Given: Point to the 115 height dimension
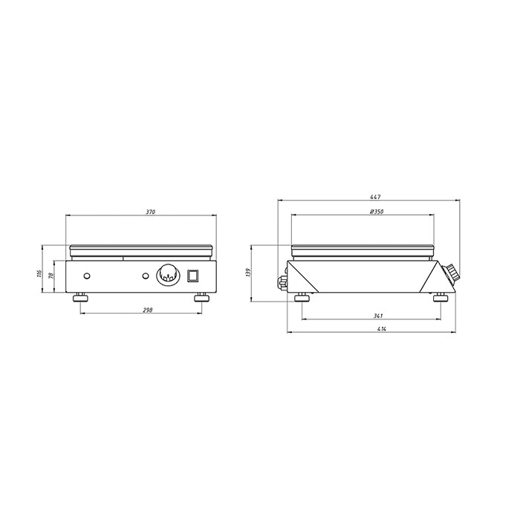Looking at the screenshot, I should pyautogui.click(x=39, y=273).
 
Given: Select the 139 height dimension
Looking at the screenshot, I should pyautogui.click(x=248, y=273).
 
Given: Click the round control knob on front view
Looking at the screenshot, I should pyautogui.click(x=167, y=276).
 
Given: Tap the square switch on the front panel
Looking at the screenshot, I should pyautogui.click(x=193, y=276).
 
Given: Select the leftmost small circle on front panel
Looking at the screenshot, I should pyautogui.click(x=88, y=276).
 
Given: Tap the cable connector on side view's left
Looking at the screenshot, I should pyautogui.click(x=282, y=281).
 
